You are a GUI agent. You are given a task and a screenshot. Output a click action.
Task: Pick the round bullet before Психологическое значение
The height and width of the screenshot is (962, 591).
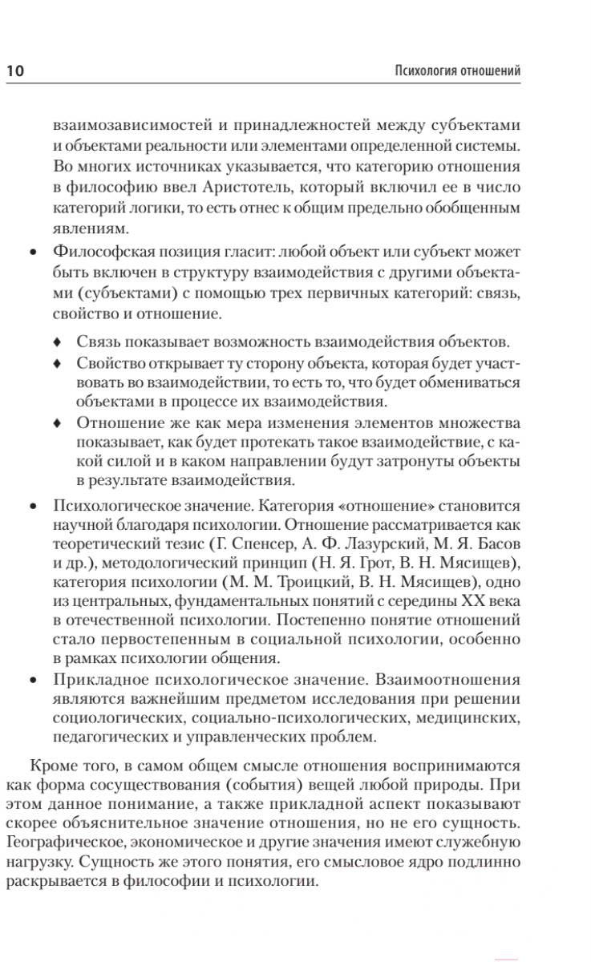32,506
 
